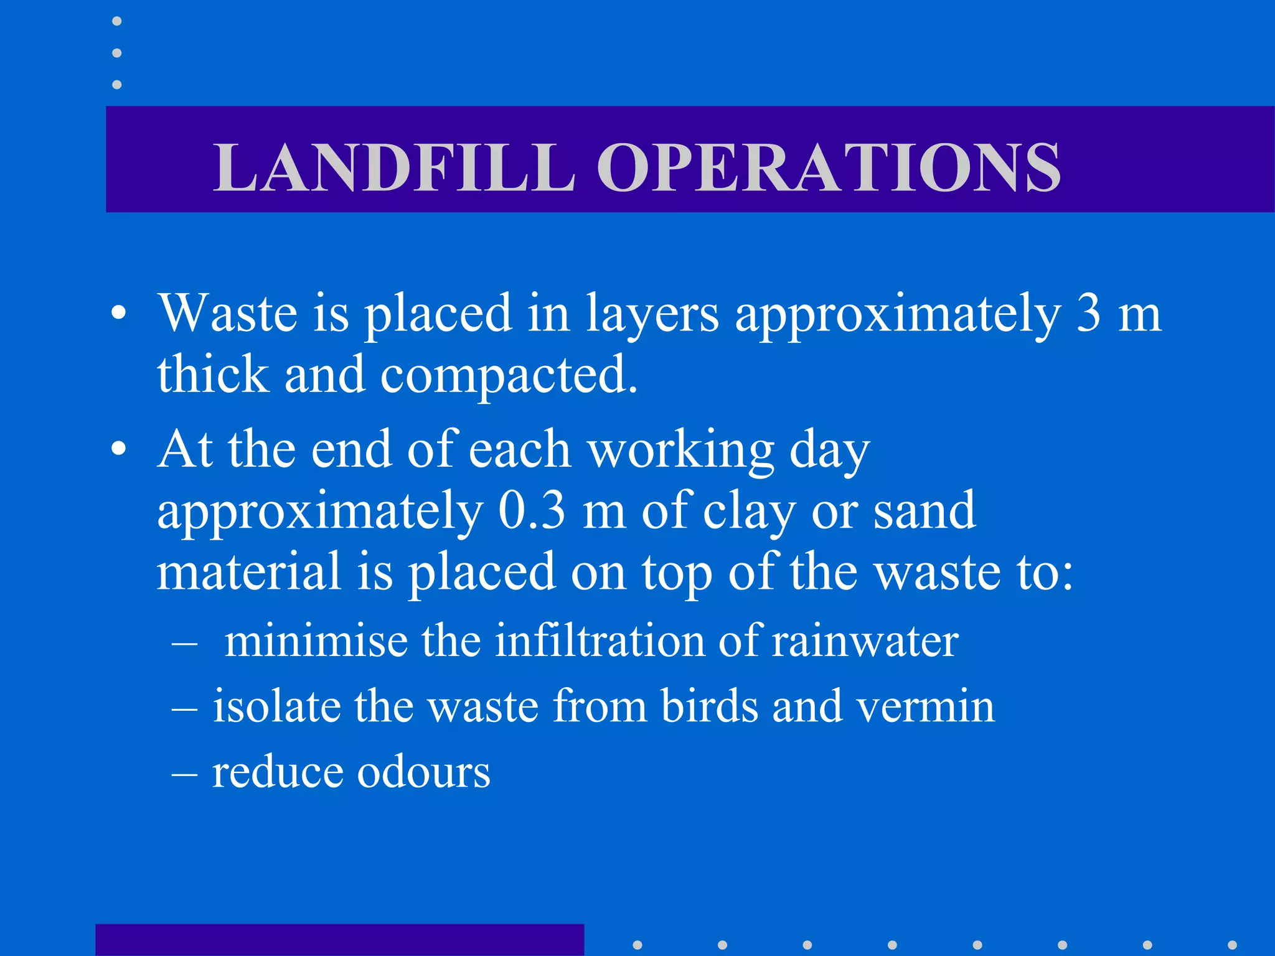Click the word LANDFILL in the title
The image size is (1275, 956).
(x=393, y=167)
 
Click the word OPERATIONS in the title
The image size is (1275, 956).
(x=829, y=167)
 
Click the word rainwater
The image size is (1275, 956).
(x=865, y=640)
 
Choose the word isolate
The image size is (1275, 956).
(x=276, y=706)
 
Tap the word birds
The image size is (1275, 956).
(x=710, y=706)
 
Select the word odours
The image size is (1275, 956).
(x=423, y=772)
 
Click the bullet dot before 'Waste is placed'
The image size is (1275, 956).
(x=119, y=314)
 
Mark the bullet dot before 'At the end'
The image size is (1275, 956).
(x=119, y=449)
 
